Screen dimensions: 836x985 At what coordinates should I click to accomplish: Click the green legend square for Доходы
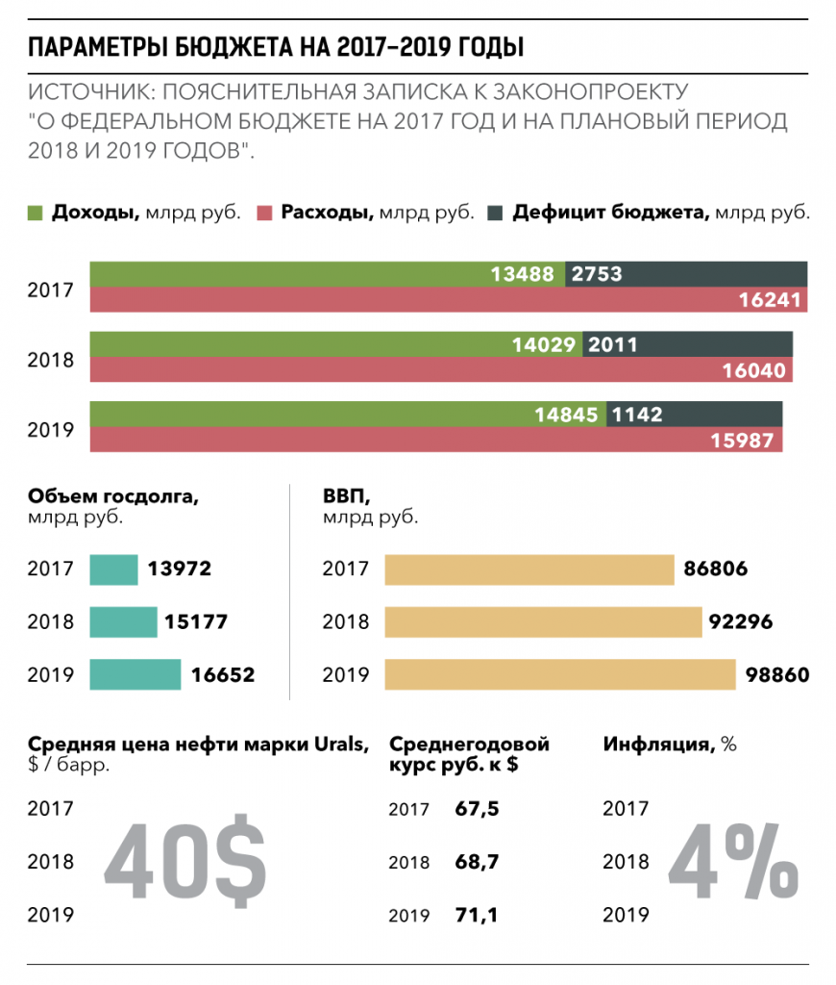tap(36, 213)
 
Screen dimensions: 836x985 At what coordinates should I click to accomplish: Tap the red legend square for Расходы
tap(265, 213)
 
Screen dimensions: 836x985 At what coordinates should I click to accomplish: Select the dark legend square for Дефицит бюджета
tap(495, 213)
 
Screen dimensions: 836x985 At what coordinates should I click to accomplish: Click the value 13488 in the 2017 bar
tap(522, 274)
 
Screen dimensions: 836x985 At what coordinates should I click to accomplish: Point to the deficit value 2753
tap(596, 274)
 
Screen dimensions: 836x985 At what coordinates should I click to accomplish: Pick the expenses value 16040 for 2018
tap(753, 370)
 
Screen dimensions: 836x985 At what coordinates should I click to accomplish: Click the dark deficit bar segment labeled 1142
tap(694, 414)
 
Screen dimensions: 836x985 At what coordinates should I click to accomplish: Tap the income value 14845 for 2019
tap(566, 415)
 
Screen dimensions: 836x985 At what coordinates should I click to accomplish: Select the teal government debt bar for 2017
tap(113, 569)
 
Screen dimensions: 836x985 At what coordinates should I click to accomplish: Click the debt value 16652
tap(223, 674)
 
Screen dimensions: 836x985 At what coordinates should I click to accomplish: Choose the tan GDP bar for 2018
tap(544, 622)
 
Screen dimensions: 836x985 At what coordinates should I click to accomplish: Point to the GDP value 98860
tap(777, 674)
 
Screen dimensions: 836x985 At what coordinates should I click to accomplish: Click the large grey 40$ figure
tap(185, 861)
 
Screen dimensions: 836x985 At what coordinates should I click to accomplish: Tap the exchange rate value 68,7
tap(477, 861)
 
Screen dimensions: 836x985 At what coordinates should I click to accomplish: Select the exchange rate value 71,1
tap(477, 915)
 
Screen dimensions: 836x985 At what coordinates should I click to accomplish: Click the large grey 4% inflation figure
tap(734, 861)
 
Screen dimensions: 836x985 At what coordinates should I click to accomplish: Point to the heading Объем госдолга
tap(113, 496)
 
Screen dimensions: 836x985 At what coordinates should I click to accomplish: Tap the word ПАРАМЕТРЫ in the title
tap(97, 47)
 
